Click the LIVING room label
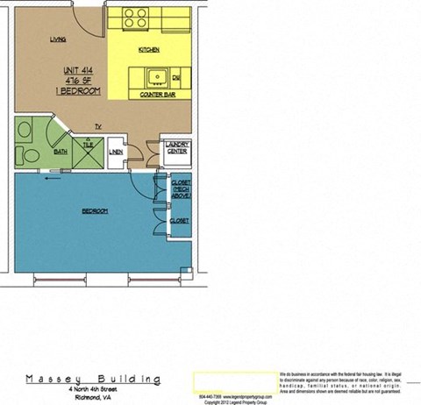click(x=59, y=40)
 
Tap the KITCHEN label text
click(x=148, y=50)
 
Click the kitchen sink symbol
click(x=157, y=75)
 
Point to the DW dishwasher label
click(x=176, y=77)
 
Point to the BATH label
click(x=61, y=151)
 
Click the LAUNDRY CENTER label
click(x=177, y=147)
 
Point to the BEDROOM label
click(x=95, y=211)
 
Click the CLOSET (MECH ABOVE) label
click(x=182, y=188)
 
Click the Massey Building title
click(x=93, y=380)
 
